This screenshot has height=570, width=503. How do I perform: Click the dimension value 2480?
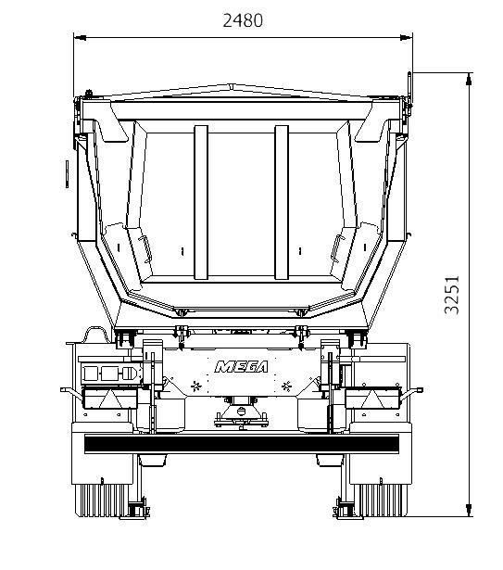[243, 20]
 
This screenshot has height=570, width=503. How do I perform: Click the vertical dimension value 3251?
[452, 295]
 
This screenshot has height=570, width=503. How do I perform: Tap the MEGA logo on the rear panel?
[242, 367]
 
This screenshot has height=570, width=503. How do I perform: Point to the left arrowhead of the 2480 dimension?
[80, 37]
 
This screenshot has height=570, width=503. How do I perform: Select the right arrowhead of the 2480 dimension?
[406, 37]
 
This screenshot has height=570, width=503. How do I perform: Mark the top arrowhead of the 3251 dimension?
[469, 79]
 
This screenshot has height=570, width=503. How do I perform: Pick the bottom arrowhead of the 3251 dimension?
[469, 510]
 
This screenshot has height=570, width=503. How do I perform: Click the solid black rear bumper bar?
[242, 444]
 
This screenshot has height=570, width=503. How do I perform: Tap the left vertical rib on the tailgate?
[201, 202]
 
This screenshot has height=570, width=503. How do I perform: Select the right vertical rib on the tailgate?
[282, 202]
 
